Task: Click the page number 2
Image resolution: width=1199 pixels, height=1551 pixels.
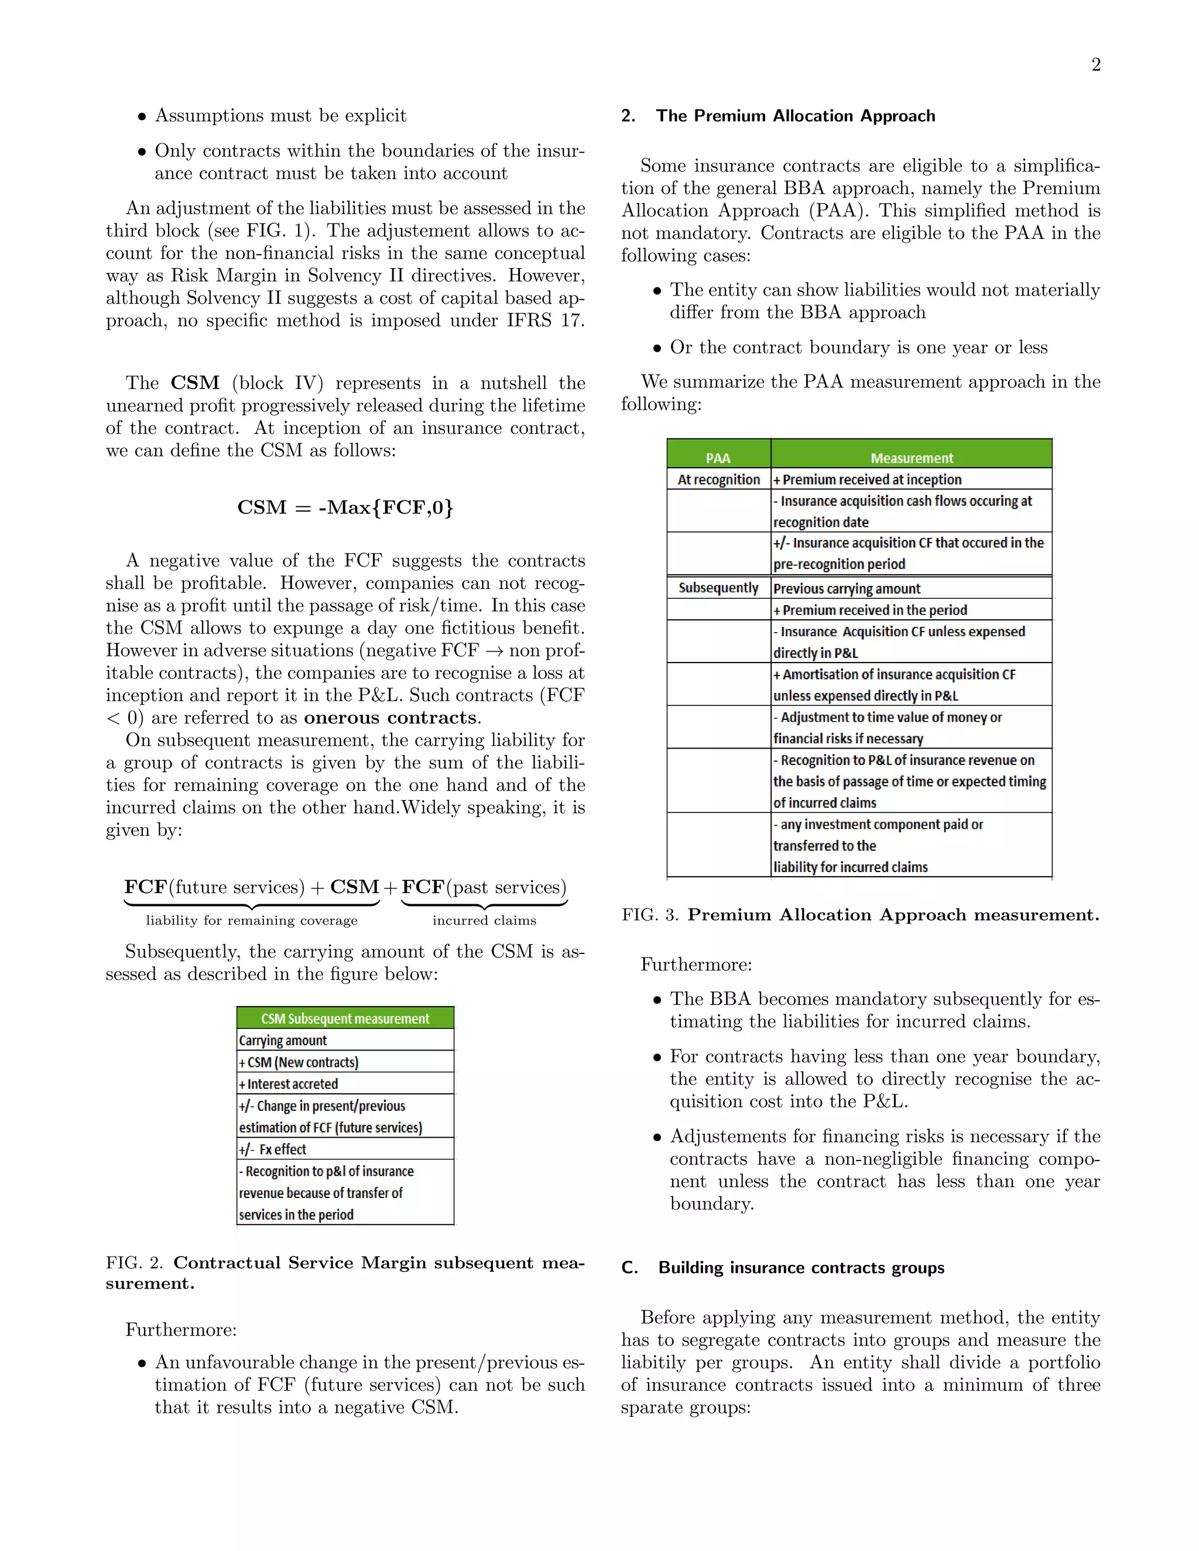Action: (x=1095, y=66)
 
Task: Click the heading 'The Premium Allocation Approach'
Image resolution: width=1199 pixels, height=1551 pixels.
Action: (x=795, y=116)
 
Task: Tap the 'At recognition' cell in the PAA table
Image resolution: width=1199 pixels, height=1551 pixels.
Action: (x=718, y=479)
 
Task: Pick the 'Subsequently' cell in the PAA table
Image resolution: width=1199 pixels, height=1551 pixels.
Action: (x=718, y=588)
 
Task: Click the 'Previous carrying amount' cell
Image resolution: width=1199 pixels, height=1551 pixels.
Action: (x=847, y=589)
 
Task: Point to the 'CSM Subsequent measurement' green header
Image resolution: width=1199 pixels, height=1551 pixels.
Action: (x=345, y=1018)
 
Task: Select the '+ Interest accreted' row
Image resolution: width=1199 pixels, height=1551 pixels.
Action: (x=289, y=1084)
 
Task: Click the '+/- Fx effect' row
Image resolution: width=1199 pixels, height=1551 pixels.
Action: (x=273, y=1149)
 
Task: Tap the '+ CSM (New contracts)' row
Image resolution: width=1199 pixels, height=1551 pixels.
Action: (x=299, y=1062)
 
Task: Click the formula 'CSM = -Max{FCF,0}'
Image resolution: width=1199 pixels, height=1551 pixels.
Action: (x=345, y=507)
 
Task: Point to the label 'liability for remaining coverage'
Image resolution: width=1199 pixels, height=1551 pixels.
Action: (x=251, y=921)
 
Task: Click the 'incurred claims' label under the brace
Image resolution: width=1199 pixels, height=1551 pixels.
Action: (x=484, y=921)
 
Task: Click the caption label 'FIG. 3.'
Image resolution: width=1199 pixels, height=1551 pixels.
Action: (x=649, y=915)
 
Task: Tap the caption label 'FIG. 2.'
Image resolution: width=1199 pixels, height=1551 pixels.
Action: (x=134, y=1262)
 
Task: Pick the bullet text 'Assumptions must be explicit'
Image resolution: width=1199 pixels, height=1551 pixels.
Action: (x=280, y=115)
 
